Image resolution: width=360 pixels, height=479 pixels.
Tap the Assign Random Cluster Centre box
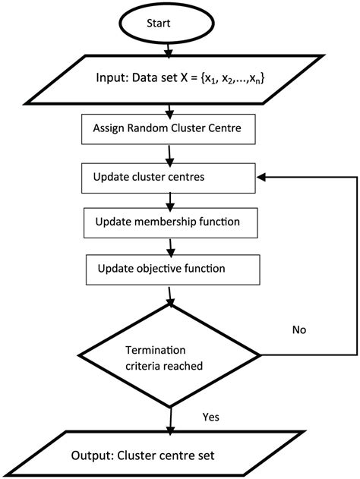pyautogui.click(x=168, y=128)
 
